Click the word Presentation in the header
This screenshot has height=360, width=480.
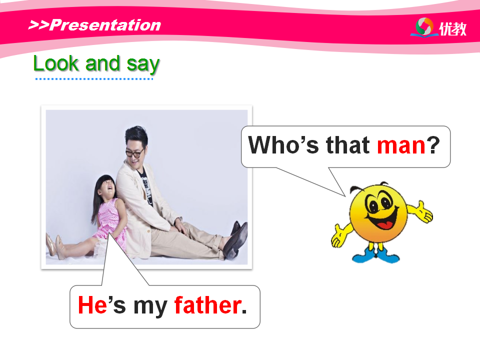[x=105, y=25]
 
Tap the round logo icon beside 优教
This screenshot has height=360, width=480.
[x=424, y=27]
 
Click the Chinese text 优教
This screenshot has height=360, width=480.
[x=453, y=29]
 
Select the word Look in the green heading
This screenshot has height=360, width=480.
[x=56, y=63]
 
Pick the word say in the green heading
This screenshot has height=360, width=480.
[x=143, y=64]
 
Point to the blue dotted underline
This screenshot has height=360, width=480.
[x=94, y=79]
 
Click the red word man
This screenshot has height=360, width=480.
[x=401, y=145]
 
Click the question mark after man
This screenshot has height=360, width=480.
[x=433, y=144]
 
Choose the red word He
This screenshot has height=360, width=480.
[x=92, y=305]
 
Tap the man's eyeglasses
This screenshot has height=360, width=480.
[x=134, y=152]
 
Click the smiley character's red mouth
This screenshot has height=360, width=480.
[x=385, y=225]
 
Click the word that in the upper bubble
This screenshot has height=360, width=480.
[x=348, y=144]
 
